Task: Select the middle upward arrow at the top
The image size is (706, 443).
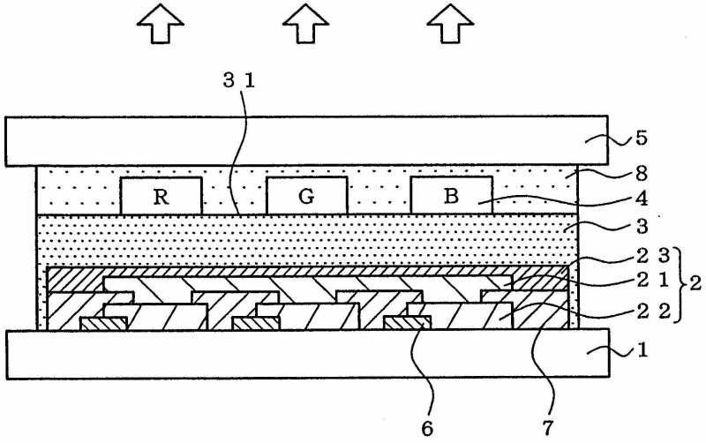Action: pos(305,25)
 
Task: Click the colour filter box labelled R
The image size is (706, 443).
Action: pos(161,196)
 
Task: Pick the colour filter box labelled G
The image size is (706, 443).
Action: pos(306,196)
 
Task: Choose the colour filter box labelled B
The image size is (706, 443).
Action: pos(451,196)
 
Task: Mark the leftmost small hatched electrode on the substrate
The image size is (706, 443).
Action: pos(104,324)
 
